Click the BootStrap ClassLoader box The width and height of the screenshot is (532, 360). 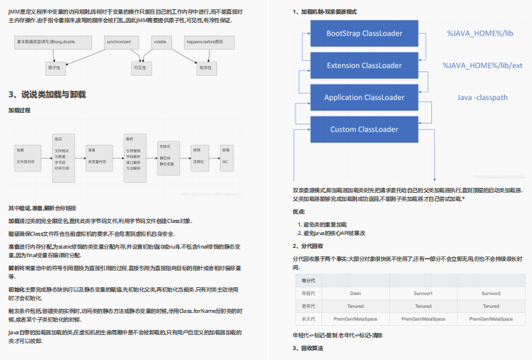click(x=364, y=34)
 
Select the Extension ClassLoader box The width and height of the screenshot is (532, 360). click(x=364, y=66)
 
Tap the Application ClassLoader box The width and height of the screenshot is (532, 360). click(x=364, y=97)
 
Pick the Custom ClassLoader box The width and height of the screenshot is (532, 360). click(x=364, y=129)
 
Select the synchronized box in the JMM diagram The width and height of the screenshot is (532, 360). click(x=119, y=43)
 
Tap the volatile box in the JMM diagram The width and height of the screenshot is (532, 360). click(x=159, y=43)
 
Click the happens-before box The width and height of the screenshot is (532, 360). click(x=209, y=43)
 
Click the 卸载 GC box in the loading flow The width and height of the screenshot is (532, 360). click(x=226, y=156)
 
